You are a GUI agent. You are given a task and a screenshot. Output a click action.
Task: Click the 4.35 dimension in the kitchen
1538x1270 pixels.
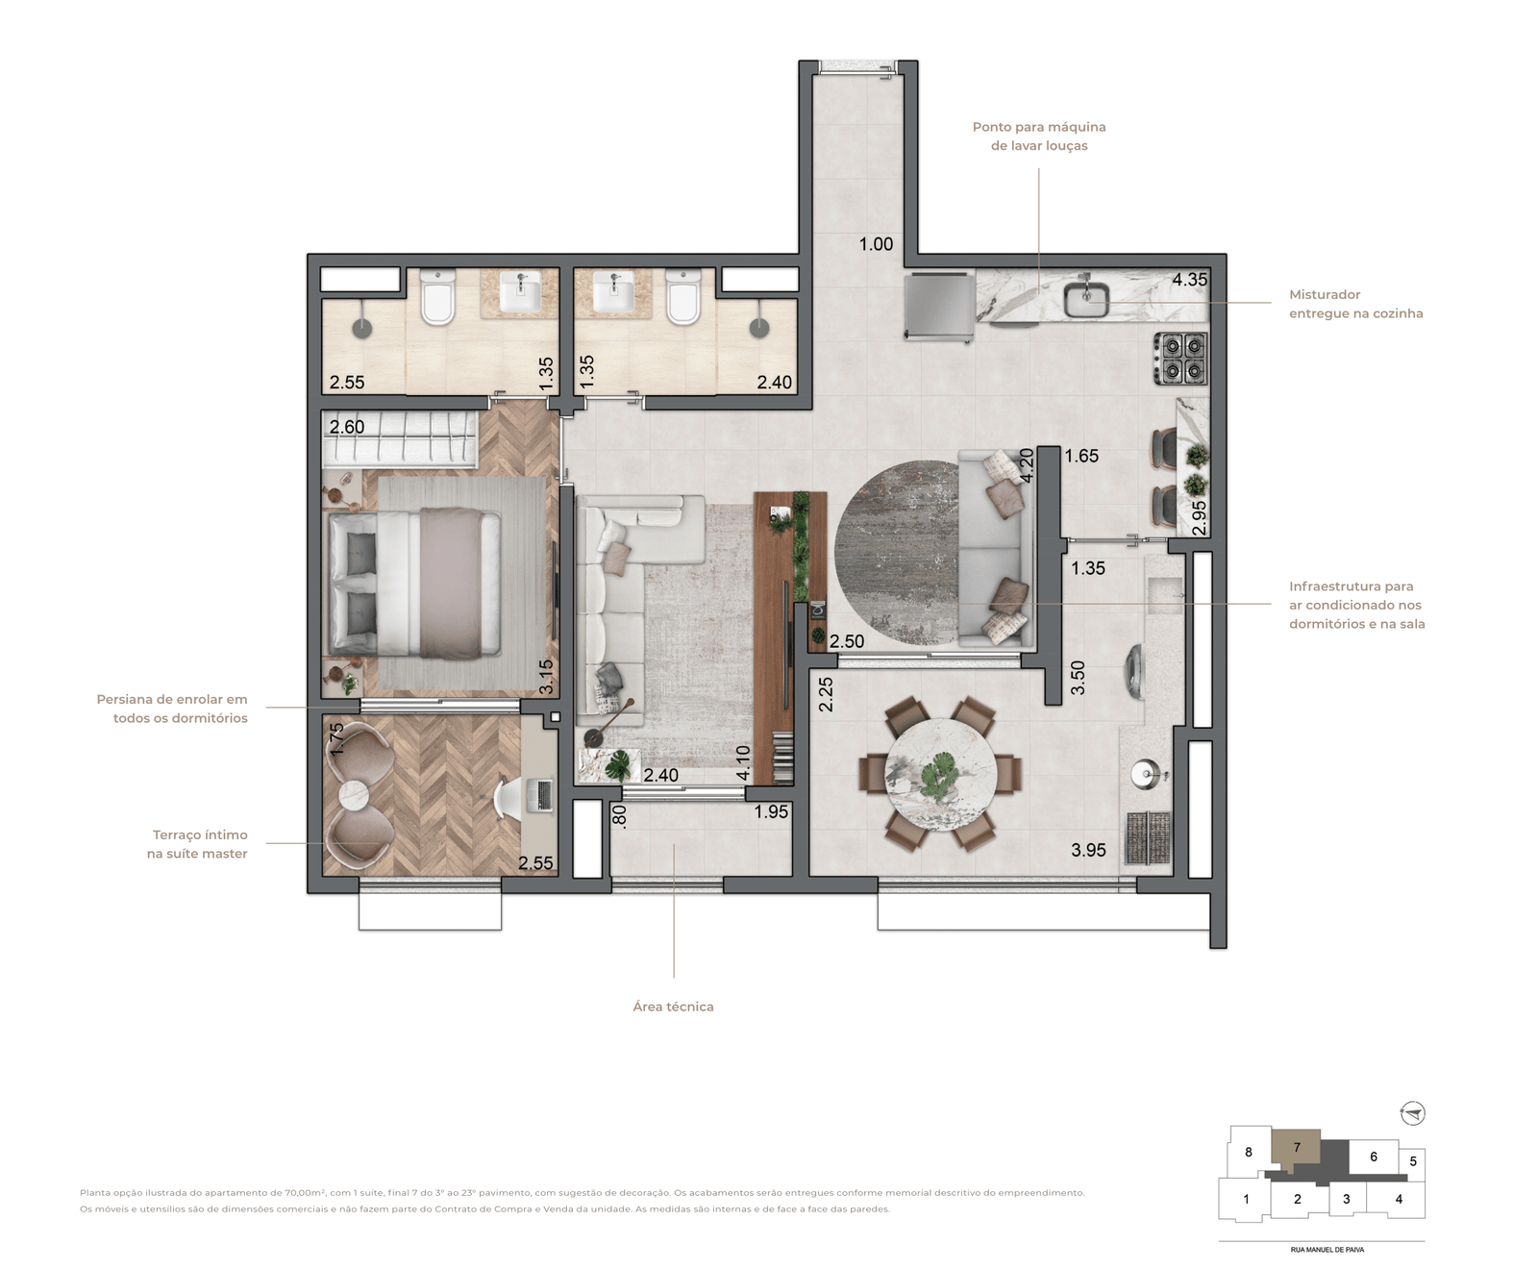click(1189, 280)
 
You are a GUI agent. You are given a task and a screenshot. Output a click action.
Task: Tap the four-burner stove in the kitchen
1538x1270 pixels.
click(1181, 359)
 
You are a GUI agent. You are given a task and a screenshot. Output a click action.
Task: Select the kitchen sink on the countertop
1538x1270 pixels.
click(1086, 298)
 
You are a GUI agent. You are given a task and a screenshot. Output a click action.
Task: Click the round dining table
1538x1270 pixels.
click(940, 772)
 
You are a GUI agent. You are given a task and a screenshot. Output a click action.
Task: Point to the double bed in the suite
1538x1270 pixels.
click(415, 584)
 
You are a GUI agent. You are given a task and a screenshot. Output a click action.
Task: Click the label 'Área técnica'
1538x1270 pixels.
click(673, 1007)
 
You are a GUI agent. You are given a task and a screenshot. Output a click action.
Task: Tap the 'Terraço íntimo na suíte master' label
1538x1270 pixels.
click(198, 844)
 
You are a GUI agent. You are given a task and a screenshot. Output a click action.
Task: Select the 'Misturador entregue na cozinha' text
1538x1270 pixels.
click(1355, 304)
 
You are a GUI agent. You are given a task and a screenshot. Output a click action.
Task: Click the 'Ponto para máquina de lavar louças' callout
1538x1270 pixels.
click(1039, 137)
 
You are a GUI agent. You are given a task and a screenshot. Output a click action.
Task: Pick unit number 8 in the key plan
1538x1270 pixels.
click(1249, 1152)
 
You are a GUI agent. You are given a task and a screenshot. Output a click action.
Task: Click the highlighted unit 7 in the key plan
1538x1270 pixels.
click(1296, 1147)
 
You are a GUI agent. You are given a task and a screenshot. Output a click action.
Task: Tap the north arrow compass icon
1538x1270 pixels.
click(1412, 1113)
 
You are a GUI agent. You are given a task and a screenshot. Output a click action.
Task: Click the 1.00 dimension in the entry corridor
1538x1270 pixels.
click(876, 244)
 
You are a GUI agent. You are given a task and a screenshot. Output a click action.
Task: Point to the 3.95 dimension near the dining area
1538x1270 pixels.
click(1088, 850)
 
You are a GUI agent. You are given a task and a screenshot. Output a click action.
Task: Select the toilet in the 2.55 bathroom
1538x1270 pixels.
click(437, 297)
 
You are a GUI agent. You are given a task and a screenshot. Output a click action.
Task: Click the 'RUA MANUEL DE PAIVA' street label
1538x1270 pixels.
click(1327, 1250)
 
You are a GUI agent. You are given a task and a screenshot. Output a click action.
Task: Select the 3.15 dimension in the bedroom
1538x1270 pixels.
click(546, 677)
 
